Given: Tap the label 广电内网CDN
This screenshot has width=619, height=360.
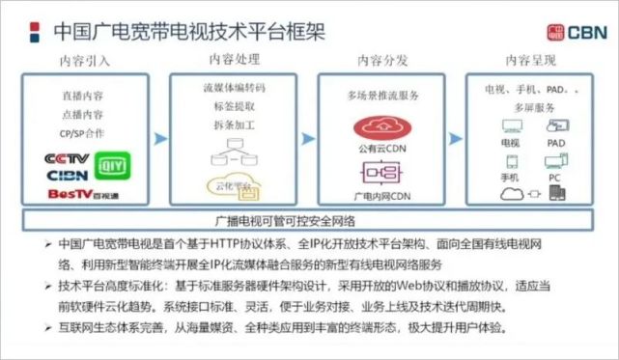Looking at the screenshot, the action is [383, 195].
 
